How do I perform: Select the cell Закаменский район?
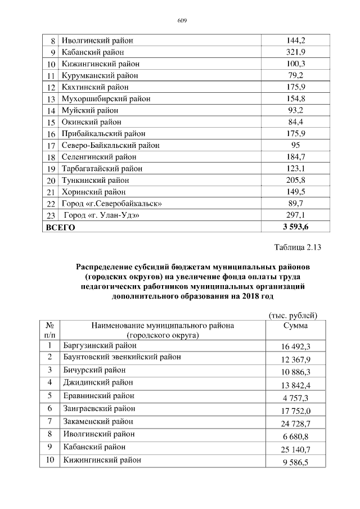point(98,421)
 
